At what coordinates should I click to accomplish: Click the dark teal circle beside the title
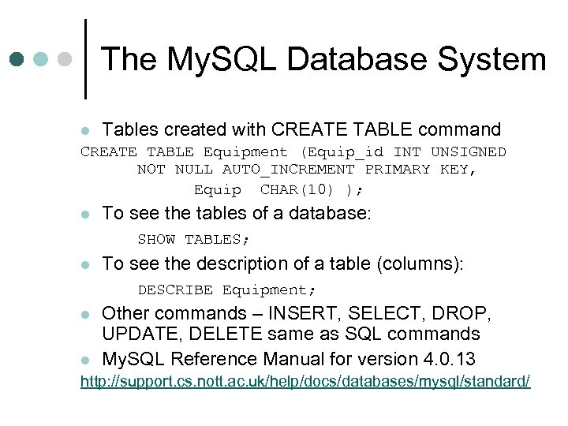(x=17, y=59)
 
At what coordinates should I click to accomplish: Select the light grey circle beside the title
(x=65, y=59)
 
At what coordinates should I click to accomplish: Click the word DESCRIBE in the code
(x=175, y=290)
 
